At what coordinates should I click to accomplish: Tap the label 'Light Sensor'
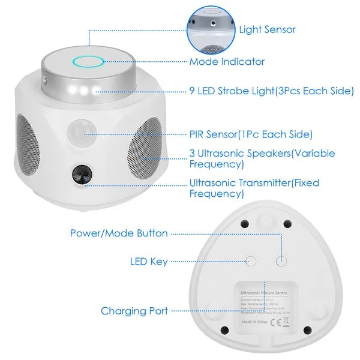click(x=267, y=29)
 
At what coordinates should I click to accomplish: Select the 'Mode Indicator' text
click(x=227, y=62)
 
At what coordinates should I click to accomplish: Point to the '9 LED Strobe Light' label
click(x=268, y=92)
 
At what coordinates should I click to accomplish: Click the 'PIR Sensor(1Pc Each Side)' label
click(x=251, y=134)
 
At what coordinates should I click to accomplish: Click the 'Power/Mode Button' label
click(x=119, y=233)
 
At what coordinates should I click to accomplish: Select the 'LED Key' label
click(x=149, y=262)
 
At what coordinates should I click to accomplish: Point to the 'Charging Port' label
click(x=134, y=311)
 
